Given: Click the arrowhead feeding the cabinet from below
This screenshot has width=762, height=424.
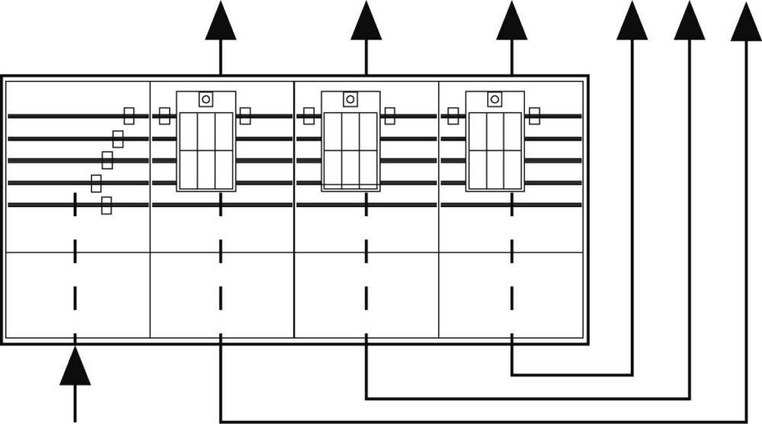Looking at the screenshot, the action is [x=75, y=367].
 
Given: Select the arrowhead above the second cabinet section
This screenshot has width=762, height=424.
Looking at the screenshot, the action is [x=220, y=21].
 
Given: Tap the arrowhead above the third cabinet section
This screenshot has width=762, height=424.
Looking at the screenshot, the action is [x=366, y=21].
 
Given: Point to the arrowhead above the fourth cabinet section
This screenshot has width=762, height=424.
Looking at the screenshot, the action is [x=511, y=21].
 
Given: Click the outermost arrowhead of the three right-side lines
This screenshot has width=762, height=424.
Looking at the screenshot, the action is [x=746, y=21].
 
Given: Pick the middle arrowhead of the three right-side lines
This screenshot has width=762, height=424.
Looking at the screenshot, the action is [x=690, y=21].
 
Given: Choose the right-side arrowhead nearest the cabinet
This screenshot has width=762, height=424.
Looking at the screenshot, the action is [x=632, y=21].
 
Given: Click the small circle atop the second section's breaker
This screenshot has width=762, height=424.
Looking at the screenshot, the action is [x=206, y=99].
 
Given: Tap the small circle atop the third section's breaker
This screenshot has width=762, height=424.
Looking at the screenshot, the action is [x=350, y=99].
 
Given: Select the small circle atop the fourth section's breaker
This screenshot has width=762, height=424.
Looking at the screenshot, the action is [x=495, y=99].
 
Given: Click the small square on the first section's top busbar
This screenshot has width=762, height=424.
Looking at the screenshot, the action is [x=129, y=116].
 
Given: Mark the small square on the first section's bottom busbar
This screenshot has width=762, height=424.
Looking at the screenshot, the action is [x=107, y=205].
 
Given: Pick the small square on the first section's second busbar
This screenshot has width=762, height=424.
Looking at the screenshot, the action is [x=117, y=139].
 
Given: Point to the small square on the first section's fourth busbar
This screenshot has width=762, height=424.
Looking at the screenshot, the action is [x=96, y=183].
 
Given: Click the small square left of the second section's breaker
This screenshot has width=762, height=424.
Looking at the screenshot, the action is [x=164, y=116].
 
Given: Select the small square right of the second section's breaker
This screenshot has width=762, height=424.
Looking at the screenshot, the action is [x=245, y=116].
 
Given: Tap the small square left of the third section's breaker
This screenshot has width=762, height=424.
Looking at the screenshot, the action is [x=309, y=116].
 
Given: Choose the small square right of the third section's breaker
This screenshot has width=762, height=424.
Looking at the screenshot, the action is [x=389, y=116].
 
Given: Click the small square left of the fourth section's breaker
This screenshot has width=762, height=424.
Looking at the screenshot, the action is [x=453, y=116].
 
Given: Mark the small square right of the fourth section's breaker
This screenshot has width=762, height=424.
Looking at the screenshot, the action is [x=534, y=116].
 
